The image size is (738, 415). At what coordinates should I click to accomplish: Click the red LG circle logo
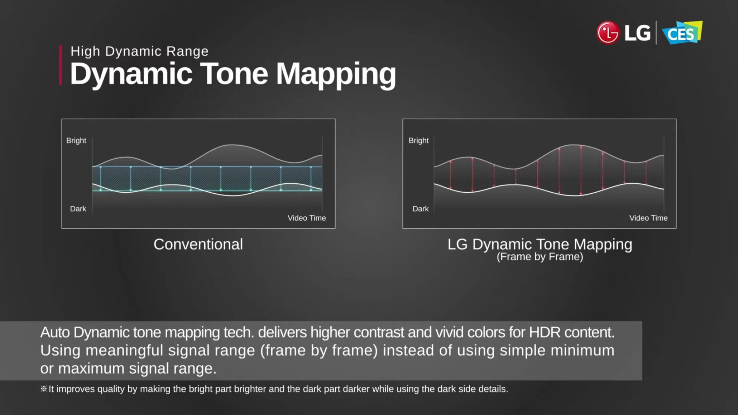pyautogui.click(x=608, y=33)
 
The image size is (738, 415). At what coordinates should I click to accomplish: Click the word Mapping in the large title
pyautogui.click(x=336, y=74)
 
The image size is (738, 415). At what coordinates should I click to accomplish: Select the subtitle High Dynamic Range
pyautogui.click(x=139, y=51)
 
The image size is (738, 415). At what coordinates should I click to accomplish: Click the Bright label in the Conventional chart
pyautogui.click(x=76, y=140)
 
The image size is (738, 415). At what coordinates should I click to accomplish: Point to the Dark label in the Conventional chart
pyautogui.click(x=78, y=209)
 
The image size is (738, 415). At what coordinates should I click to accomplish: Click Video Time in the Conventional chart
pyautogui.click(x=307, y=218)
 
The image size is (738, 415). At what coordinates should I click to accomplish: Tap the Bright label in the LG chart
pyautogui.click(x=418, y=140)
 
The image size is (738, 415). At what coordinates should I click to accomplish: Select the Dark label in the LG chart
pyautogui.click(x=421, y=209)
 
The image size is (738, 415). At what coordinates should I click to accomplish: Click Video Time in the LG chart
pyautogui.click(x=648, y=218)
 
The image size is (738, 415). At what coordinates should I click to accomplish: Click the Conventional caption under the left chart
pyautogui.click(x=198, y=244)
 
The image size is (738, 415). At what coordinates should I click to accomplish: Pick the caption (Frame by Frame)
pyautogui.click(x=540, y=257)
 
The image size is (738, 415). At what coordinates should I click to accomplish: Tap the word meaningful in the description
pyautogui.click(x=124, y=351)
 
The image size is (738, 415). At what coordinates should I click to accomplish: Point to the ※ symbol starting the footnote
pyautogui.click(x=44, y=389)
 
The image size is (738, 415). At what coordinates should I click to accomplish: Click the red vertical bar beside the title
pyautogui.click(x=61, y=65)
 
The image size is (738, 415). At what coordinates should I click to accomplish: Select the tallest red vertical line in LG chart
pyautogui.click(x=581, y=170)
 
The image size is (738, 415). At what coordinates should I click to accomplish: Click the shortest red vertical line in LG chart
pyautogui.click(x=516, y=176)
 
